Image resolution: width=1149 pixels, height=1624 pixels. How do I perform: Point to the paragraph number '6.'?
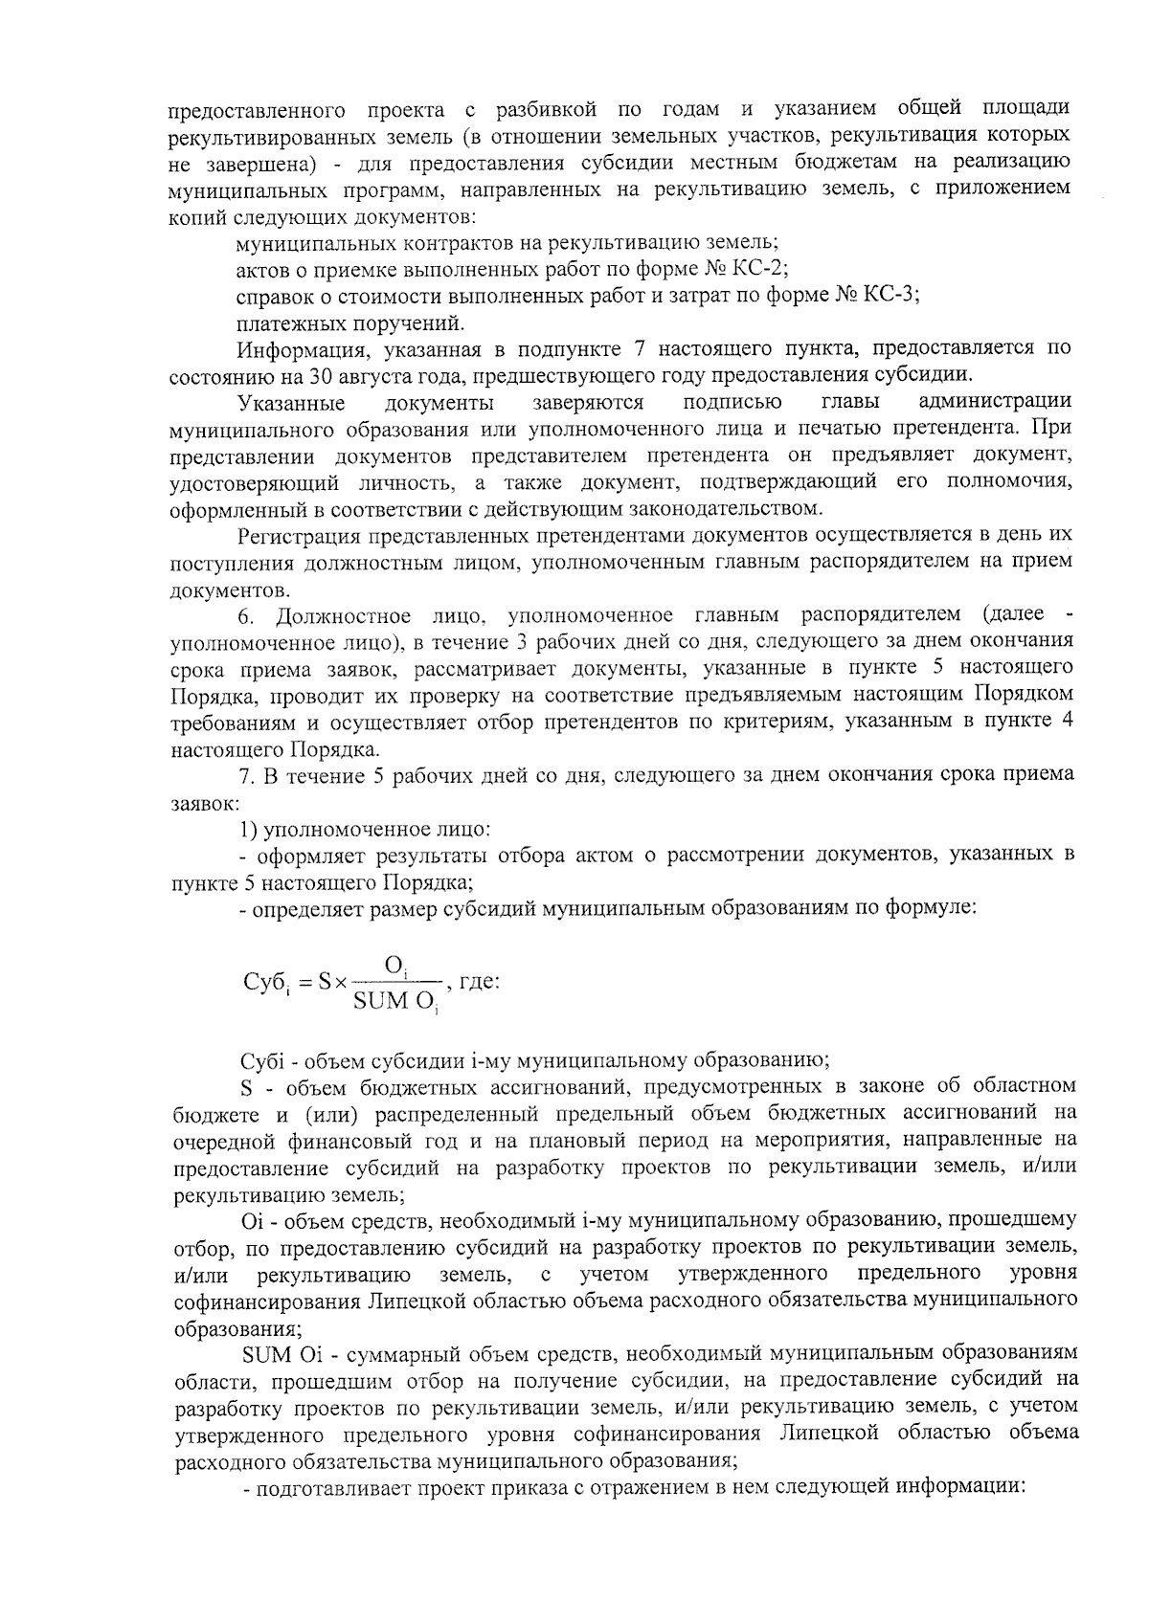tap(247, 614)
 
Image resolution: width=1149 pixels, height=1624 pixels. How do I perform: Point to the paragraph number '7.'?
tap(245, 774)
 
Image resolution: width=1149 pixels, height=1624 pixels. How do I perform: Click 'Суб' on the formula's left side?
tap(264, 983)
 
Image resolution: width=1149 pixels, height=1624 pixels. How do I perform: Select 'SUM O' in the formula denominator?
tap(393, 1002)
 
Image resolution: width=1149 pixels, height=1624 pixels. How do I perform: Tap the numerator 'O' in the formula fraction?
tap(394, 965)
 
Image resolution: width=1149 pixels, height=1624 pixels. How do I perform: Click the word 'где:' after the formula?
tap(481, 982)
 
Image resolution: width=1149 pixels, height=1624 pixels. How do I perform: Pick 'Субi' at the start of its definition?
tap(261, 1060)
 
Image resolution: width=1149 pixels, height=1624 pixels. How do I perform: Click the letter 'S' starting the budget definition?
tap(247, 1086)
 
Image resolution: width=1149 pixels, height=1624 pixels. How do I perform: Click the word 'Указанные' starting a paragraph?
tap(292, 401)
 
